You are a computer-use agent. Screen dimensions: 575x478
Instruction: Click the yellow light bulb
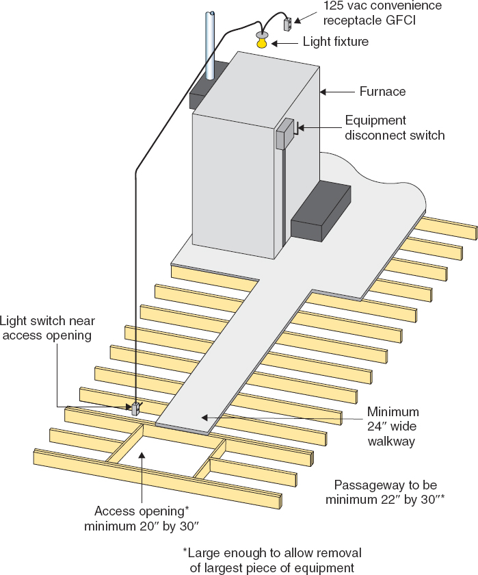point(263,43)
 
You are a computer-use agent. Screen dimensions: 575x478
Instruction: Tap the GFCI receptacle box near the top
point(288,24)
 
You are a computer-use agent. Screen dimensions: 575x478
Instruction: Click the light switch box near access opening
point(135,409)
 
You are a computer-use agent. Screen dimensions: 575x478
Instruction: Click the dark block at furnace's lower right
point(321,212)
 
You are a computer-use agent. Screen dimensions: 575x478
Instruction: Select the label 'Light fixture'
point(335,42)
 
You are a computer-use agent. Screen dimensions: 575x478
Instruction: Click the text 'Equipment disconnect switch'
point(395,127)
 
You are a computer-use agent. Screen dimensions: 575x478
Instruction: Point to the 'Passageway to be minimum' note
point(385,491)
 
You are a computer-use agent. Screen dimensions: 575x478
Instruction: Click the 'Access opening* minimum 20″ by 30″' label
point(141,519)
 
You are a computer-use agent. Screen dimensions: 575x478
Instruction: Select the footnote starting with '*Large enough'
point(271,559)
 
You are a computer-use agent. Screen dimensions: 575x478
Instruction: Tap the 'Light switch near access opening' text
point(46,327)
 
